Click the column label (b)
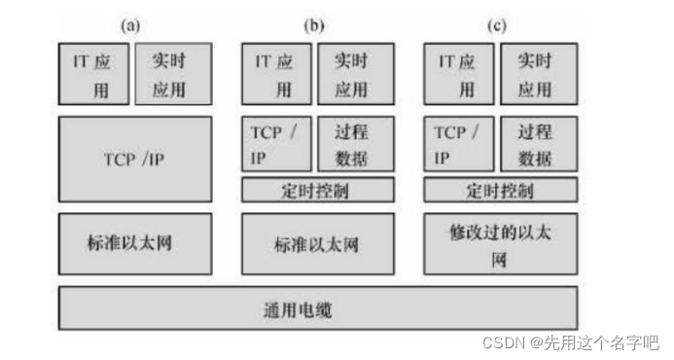pos(313,26)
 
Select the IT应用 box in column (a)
pos(93,74)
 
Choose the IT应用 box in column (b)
pos(276,74)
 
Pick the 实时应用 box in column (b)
pos(356,74)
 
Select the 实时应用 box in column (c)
pos(539,74)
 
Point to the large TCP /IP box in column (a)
pos(133,159)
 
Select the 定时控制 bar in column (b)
pos(318,190)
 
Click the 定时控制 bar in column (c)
pos(500,190)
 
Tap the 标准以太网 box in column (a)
pos(133,241)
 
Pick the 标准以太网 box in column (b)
pos(318,243)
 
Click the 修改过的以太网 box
pos(500,243)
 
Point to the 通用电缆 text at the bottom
pos(318,309)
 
